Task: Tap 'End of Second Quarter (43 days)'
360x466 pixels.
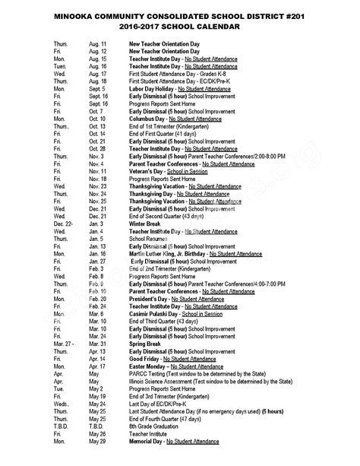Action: click(x=172, y=216)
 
